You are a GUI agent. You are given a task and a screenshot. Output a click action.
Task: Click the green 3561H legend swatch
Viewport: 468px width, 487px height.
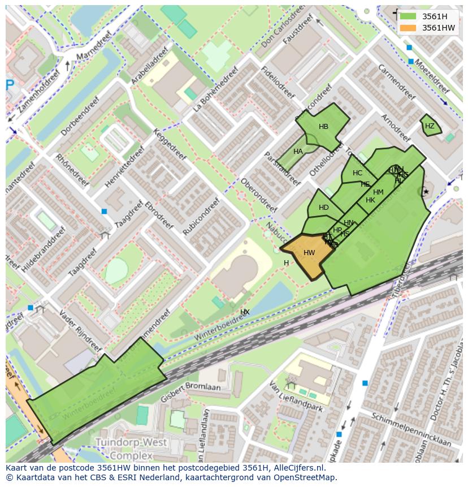click(408, 16)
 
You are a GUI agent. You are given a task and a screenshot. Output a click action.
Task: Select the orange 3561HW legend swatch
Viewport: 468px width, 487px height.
click(408, 28)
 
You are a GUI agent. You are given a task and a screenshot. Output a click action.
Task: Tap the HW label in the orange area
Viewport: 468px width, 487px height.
click(309, 253)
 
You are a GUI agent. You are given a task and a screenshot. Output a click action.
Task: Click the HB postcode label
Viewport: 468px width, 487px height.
click(323, 127)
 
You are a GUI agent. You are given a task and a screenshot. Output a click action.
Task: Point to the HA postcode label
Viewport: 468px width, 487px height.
click(298, 152)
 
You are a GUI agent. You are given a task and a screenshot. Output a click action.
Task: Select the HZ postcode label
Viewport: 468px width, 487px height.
click(430, 126)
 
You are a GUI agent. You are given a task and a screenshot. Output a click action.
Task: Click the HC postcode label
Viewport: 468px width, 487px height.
click(357, 173)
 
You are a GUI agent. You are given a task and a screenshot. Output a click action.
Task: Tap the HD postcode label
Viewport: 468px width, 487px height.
click(323, 208)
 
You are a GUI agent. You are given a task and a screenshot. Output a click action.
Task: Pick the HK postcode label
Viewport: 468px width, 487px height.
click(370, 200)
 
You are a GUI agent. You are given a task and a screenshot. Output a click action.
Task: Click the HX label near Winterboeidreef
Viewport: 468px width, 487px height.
click(245, 312)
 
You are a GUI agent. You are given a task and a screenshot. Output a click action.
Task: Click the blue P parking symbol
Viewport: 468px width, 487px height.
click(10, 85)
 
